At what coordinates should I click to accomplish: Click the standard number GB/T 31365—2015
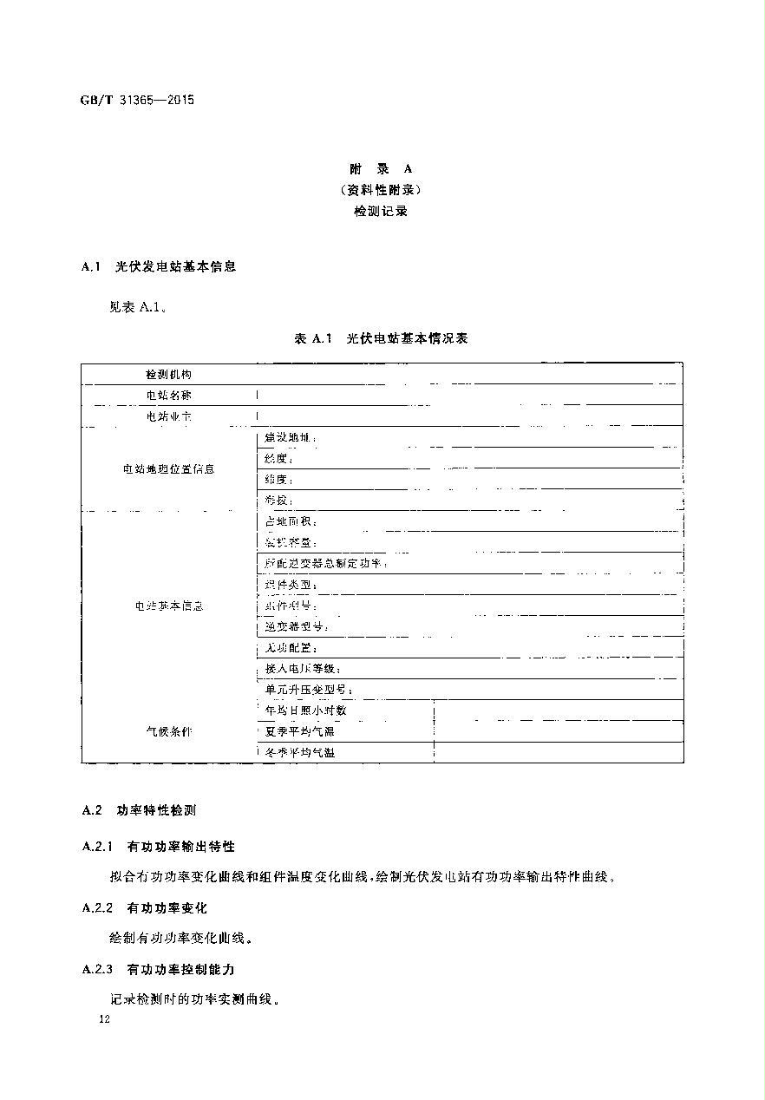coord(137,100)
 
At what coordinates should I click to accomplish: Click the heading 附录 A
coord(382,169)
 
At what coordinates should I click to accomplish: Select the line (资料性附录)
coord(382,190)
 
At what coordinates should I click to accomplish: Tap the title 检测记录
coord(382,211)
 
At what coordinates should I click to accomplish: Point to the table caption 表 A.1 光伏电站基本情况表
coord(382,338)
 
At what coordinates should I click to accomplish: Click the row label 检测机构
coord(168,374)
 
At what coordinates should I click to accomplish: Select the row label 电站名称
coord(168,396)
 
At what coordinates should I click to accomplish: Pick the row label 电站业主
coord(168,417)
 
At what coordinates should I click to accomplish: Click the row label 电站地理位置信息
coord(168,469)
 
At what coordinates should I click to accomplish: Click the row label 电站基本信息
coord(168,606)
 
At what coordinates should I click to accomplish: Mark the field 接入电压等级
coord(303,669)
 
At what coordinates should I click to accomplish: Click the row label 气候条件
coord(168,731)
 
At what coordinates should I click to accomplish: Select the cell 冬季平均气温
coord(299,752)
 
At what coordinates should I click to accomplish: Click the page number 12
coord(105,1021)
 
